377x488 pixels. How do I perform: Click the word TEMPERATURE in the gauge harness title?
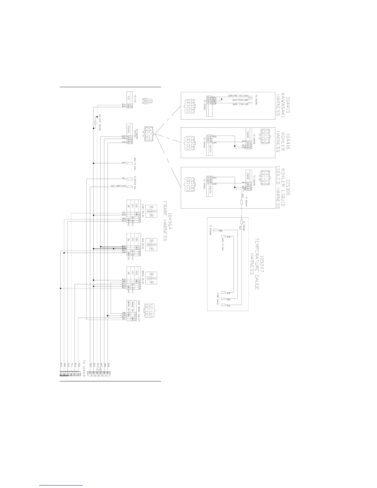tap(257, 264)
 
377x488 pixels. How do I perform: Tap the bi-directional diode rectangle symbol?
tap(95, 123)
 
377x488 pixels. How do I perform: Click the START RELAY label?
tap(143, 209)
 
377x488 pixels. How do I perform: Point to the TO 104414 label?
tap(83, 368)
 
